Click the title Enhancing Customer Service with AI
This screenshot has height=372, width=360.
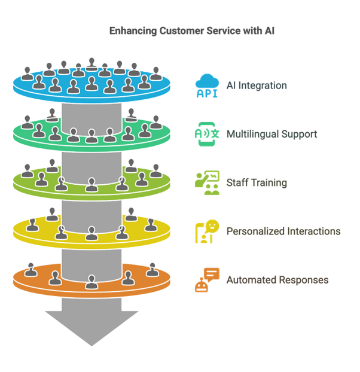click(191, 31)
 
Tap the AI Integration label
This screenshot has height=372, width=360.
click(257, 86)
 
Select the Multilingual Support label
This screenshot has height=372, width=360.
click(271, 134)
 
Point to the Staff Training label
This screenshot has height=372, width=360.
click(257, 182)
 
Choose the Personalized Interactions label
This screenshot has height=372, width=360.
click(283, 231)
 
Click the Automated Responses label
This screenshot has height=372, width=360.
click(277, 280)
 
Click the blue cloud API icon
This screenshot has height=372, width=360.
click(207, 86)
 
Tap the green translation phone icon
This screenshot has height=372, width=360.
click(207, 134)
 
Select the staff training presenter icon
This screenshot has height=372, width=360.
click(207, 182)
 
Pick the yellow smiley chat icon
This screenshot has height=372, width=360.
click(207, 231)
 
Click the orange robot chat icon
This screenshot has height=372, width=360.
click(207, 280)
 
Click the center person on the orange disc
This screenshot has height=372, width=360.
click(91, 282)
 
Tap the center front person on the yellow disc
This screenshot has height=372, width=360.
click(91, 233)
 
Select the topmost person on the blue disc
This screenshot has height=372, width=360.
click(91, 65)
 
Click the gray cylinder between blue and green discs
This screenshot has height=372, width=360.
click(91, 117)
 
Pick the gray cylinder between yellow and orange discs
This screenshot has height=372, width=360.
click(91, 264)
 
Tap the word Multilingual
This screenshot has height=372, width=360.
click(252, 134)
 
